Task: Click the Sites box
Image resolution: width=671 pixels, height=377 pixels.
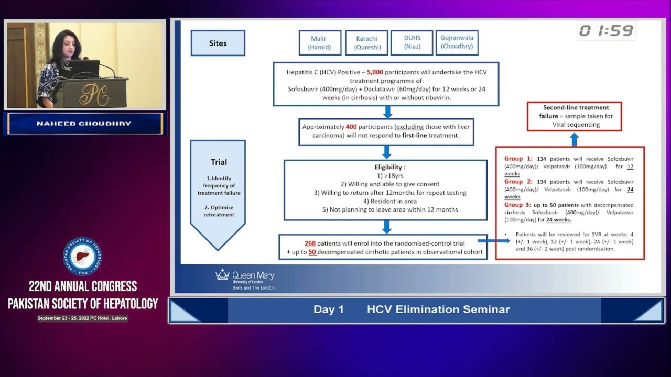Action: click(218, 43)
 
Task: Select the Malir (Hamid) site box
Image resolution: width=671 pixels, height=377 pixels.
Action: click(320, 42)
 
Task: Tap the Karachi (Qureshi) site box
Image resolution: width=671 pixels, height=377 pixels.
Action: click(366, 42)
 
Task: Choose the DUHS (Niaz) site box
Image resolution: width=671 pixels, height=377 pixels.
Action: click(412, 42)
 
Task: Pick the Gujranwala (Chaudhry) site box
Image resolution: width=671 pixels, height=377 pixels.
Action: click(457, 42)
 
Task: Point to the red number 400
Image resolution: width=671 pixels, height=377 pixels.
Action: click(351, 127)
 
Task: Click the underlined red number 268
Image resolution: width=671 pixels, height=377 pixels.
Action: click(310, 243)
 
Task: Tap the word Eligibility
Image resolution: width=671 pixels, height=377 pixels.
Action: click(386, 167)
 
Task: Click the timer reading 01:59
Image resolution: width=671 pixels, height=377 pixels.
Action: click(606, 31)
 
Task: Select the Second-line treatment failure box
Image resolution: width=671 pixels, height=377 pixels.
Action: click(575, 116)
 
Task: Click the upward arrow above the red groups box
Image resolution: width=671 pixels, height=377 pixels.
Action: click(575, 139)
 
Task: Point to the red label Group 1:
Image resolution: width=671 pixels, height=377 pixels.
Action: click(518, 158)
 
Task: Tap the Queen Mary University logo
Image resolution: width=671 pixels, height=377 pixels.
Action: click(245, 278)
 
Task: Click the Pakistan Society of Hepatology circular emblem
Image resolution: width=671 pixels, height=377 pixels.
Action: click(83, 257)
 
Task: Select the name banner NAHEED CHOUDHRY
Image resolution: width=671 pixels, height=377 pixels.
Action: click(84, 124)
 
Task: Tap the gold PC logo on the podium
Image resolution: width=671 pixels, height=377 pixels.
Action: click(95, 94)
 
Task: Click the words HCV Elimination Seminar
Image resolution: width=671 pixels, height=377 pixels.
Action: click(438, 309)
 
